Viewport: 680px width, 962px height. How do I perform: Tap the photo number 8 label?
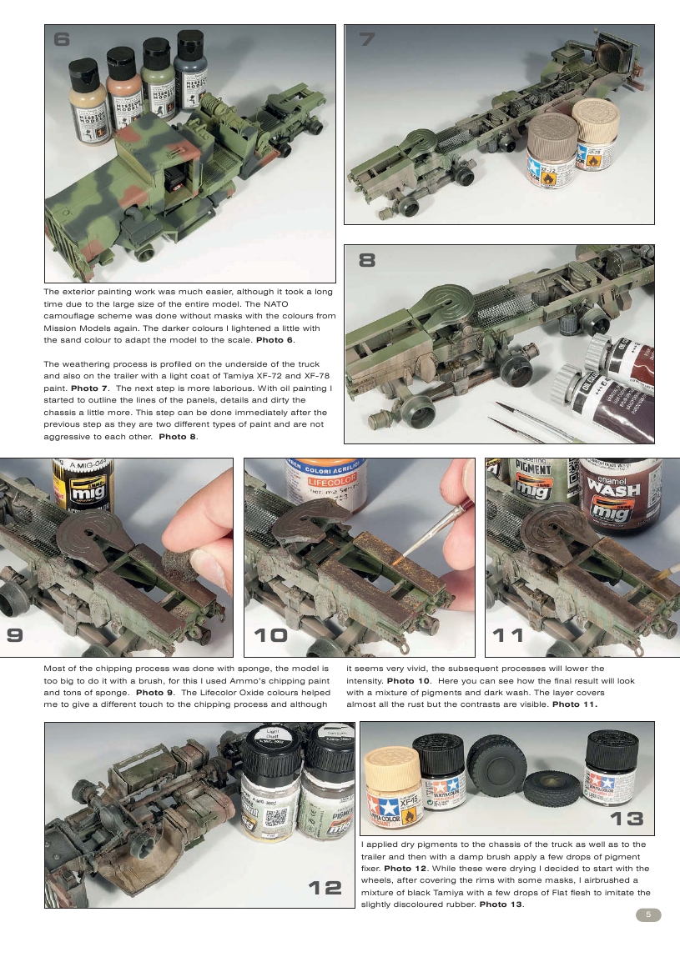pyautogui.click(x=367, y=260)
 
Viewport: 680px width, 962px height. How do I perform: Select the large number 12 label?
pyautogui.click(x=321, y=888)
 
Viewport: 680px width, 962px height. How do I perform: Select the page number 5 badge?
pyautogui.click(x=648, y=914)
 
